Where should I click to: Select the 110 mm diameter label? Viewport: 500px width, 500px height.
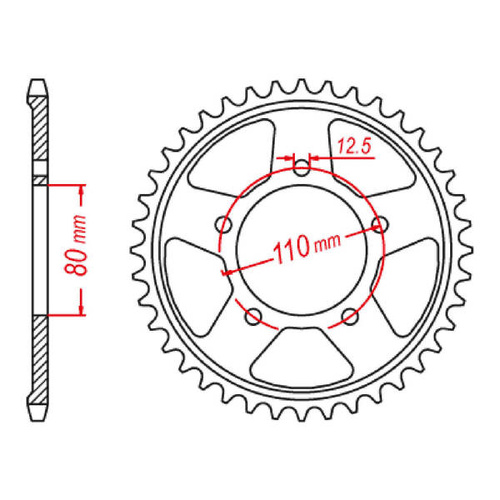coord(304,243)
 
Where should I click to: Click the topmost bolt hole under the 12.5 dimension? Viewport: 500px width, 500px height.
coord(302,168)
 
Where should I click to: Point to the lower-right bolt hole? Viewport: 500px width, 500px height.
coord(349,316)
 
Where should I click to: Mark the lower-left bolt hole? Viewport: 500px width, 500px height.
coord(255,316)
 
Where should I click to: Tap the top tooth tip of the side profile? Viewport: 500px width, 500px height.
coord(39,81)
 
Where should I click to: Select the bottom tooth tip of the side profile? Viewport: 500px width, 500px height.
coord(39,418)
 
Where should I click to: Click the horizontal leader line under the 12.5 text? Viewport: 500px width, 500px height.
coord(340,157)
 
